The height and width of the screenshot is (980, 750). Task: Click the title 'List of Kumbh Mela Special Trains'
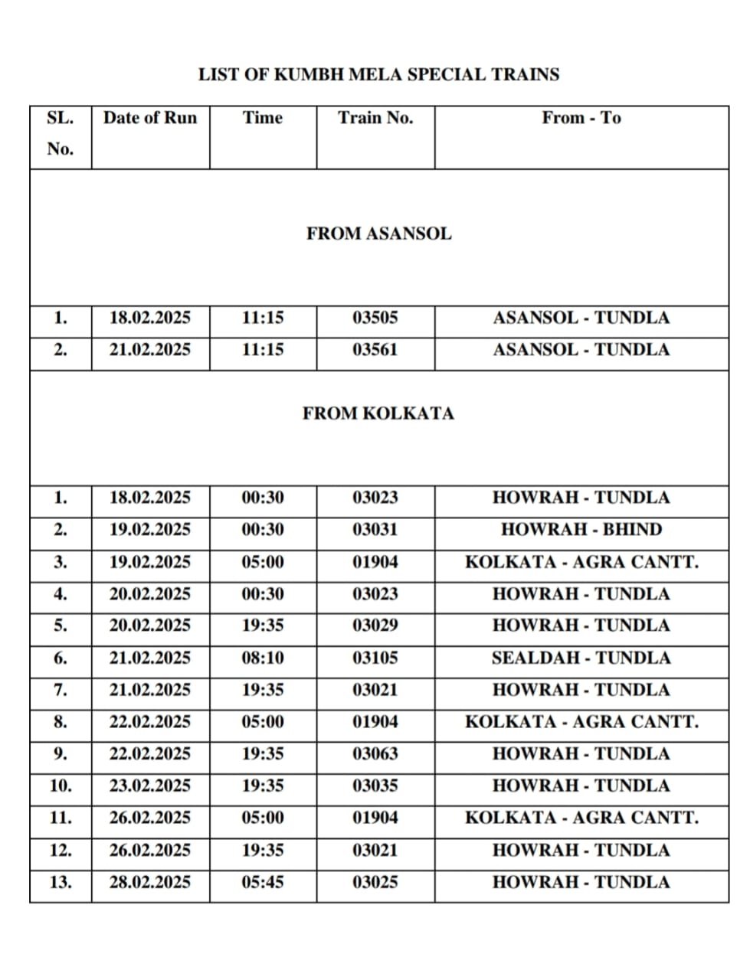pos(378,75)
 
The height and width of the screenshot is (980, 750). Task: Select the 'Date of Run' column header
pos(150,118)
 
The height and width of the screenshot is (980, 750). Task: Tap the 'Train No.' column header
pos(375,118)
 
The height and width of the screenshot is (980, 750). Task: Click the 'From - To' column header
pos(581,118)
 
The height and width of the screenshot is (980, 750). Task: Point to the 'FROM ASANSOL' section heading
pos(379,234)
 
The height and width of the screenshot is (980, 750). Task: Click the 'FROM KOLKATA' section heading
pos(378,413)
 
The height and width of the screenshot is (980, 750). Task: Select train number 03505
pos(375,318)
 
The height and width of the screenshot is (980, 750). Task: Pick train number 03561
pos(375,350)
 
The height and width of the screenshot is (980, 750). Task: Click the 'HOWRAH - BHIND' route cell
pos(581,530)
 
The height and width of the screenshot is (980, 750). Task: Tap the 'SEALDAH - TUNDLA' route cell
pos(581,658)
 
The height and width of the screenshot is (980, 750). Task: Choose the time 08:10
pos(263,658)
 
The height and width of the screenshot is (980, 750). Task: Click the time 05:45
pos(263,882)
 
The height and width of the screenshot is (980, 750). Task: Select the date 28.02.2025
pos(150,882)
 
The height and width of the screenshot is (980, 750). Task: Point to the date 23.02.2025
pos(150,786)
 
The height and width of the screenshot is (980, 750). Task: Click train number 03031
pos(375,530)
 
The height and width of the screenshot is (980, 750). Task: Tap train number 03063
pos(375,754)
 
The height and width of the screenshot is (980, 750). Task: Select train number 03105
pos(375,658)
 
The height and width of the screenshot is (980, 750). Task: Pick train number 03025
pos(375,882)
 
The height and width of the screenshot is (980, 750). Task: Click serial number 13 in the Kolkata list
pos(61,882)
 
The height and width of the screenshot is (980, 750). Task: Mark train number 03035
pos(375,786)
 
